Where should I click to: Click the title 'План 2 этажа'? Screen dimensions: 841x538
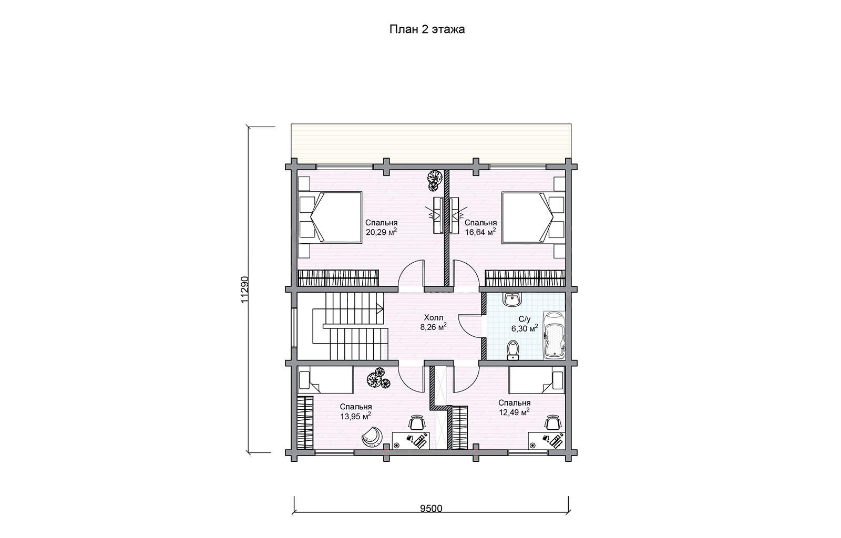tap(427, 29)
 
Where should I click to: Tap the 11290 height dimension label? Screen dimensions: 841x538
tap(244, 289)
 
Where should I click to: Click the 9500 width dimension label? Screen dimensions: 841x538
tap(431, 509)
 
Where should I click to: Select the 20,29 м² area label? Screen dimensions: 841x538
tap(381, 232)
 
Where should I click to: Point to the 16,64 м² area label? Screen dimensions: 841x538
tap(480, 232)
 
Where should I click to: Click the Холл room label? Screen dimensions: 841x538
tap(433, 318)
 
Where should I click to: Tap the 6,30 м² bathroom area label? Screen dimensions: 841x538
tap(525, 329)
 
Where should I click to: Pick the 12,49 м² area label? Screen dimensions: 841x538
tap(514, 412)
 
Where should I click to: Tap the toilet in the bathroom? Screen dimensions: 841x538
tap(512, 350)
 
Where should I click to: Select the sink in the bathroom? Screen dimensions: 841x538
tap(511, 299)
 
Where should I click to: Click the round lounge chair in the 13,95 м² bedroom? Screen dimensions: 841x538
tap(372, 437)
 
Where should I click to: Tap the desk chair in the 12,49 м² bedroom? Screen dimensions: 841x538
tap(552, 423)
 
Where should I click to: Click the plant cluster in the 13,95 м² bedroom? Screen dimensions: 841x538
tap(378, 378)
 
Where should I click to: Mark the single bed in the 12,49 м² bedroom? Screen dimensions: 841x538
tap(537, 380)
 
